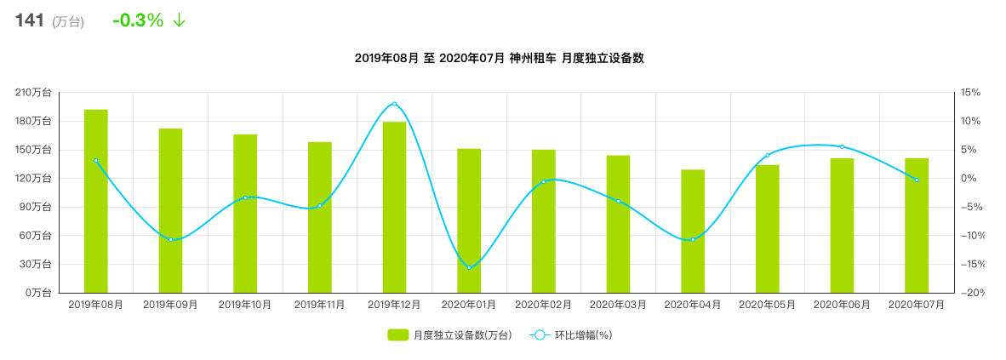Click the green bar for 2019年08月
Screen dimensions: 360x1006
pos(95,201)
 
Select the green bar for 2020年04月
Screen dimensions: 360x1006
pos(693,231)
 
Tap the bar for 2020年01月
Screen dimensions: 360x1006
pos(469,220)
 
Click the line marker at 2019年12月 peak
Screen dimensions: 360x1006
pos(394,104)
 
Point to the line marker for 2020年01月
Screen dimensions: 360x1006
pos(469,268)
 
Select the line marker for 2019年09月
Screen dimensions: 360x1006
pos(170,239)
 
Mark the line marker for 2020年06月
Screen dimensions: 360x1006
pos(842,147)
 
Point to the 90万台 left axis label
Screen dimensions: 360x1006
pos(36,207)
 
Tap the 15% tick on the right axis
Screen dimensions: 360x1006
pos(971,93)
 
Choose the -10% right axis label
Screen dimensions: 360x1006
pos(971,236)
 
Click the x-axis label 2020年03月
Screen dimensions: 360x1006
pos(618,305)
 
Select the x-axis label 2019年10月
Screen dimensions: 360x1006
pos(245,305)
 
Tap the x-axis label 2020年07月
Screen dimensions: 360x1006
pos(917,305)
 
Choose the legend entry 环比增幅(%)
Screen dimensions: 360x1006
pos(571,335)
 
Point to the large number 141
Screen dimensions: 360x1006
pos(29,20)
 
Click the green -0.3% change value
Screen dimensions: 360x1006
pos(138,20)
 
